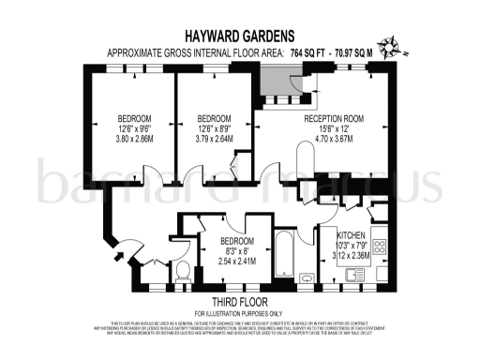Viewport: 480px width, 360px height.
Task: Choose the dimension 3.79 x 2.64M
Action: point(214,142)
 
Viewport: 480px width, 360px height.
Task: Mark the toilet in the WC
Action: point(184,272)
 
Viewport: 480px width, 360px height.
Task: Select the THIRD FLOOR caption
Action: point(239,302)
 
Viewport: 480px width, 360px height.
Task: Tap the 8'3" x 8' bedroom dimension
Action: point(236,250)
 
